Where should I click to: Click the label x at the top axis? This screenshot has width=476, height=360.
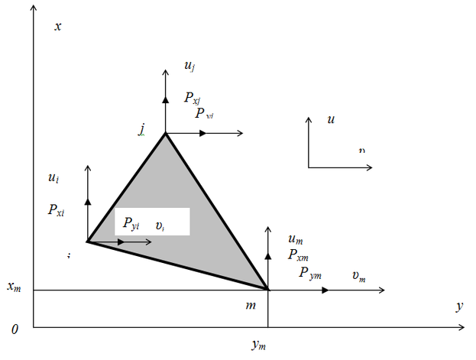pyautogui.click(x=58, y=26)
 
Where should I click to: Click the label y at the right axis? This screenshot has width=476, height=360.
pyautogui.click(x=459, y=306)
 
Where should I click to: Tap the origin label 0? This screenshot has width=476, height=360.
pyautogui.click(x=15, y=329)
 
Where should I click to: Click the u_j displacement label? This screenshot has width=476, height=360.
pyautogui.click(x=189, y=67)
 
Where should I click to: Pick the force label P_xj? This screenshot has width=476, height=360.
pyautogui.click(x=193, y=98)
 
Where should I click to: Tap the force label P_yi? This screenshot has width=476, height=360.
pyautogui.click(x=131, y=224)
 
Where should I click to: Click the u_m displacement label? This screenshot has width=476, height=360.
pyautogui.click(x=295, y=239)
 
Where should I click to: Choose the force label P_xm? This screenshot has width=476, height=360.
pyautogui.click(x=298, y=255)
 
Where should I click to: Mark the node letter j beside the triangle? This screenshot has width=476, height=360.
pyautogui.click(x=142, y=129)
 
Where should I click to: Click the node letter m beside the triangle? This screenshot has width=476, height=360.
pyautogui.click(x=250, y=306)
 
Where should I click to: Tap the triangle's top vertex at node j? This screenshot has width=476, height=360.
pyautogui.click(x=165, y=134)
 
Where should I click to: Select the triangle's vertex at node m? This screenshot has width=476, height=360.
pyautogui.click(x=268, y=290)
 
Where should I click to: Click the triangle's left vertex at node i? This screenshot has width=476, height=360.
pyautogui.click(x=88, y=242)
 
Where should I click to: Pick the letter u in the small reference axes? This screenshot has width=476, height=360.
pyautogui.click(x=330, y=120)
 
